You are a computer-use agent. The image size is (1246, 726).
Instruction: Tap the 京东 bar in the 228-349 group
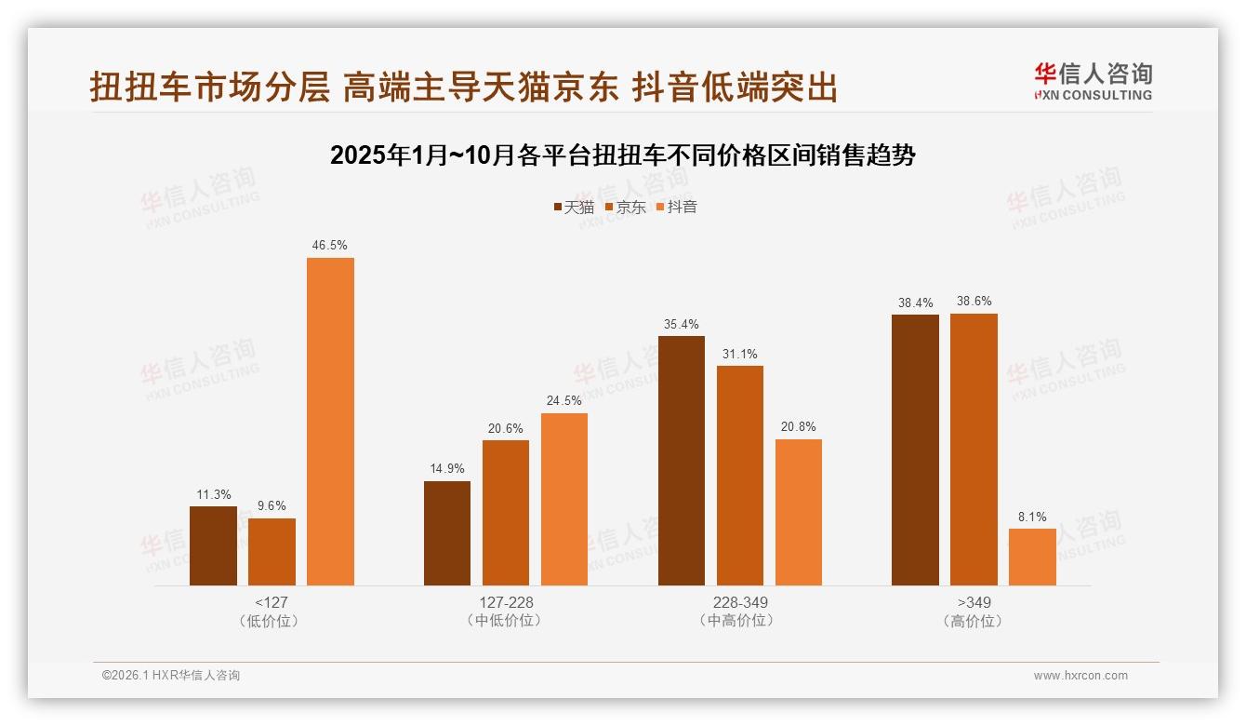coord(740,476)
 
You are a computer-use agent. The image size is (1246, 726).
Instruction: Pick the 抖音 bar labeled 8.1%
coord(1032,557)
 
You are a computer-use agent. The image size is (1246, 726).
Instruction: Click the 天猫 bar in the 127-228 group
coord(447,533)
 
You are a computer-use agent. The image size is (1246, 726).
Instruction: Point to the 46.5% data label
coord(330,246)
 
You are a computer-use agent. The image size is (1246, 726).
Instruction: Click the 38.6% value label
coord(974,302)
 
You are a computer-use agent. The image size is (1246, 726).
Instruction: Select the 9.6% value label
coord(272,506)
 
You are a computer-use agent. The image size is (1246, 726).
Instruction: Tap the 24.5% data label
coord(564,401)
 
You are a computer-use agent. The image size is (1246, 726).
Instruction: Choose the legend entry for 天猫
coord(574,207)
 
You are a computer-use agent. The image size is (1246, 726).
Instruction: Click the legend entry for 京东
coord(625,207)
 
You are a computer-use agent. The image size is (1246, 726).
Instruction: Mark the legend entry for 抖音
coord(677,207)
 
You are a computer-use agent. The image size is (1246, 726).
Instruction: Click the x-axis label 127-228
coord(506,602)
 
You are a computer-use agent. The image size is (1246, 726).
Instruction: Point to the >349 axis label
coord(974,602)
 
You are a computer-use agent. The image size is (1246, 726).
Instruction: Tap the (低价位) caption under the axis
coord(271,621)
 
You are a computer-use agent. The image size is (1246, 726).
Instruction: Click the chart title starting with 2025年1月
coord(623,155)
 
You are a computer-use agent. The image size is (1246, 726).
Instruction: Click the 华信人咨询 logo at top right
coord(1094,81)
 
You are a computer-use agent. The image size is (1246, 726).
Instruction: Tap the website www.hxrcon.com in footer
coord(1080,676)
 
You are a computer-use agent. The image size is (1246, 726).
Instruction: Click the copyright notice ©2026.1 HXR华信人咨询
coord(171,676)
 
